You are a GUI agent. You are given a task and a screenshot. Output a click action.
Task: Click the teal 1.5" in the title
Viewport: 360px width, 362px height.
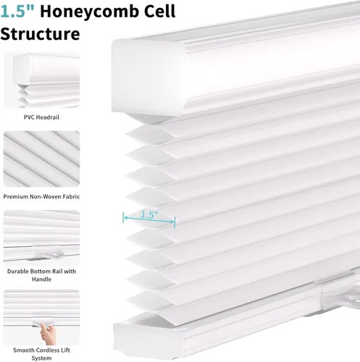coord(17,12)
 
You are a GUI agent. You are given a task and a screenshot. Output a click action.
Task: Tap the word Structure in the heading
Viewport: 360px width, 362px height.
coord(40,33)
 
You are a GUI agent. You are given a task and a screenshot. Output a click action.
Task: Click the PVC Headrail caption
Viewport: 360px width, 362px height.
coord(41,117)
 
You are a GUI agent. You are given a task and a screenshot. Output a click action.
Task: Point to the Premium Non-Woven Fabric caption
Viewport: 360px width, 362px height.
coord(41,196)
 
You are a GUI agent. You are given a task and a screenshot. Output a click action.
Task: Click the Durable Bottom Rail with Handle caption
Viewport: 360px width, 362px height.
coord(41,275)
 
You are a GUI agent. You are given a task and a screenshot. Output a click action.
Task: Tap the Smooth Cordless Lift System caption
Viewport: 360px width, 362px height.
coord(41,354)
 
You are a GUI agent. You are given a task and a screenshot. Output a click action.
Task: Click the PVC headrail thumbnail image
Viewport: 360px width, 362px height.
coord(41,80)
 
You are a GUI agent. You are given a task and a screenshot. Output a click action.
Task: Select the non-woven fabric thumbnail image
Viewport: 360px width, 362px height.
coord(41,159)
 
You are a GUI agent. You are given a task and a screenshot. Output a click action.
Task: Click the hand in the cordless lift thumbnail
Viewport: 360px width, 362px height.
coord(49,333)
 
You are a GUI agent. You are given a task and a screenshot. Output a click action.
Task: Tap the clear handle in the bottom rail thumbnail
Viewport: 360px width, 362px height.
coord(49,255)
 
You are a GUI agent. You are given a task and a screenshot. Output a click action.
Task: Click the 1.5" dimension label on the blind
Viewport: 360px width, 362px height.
coord(149,214)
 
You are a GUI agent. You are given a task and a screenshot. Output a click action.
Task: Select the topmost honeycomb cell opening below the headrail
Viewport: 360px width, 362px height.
coord(151,134)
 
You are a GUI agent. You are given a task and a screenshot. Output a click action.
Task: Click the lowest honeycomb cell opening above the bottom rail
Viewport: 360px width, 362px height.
coord(150,299)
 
